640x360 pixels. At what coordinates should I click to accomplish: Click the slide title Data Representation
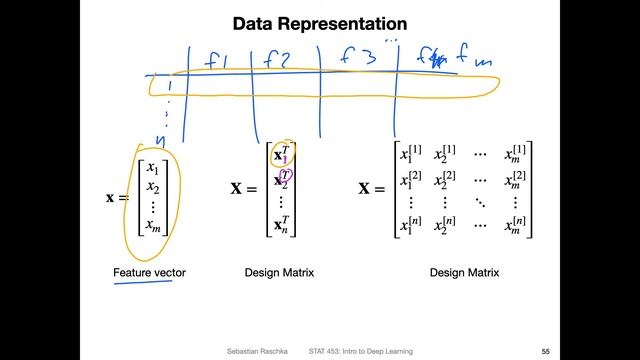click(319, 22)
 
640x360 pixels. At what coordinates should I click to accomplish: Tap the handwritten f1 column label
click(217, 60)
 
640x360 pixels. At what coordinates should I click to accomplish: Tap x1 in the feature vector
click(152, 167)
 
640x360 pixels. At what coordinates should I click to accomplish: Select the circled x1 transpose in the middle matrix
click(283, 155)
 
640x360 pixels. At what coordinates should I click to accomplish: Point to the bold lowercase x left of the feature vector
click(111, 197)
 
